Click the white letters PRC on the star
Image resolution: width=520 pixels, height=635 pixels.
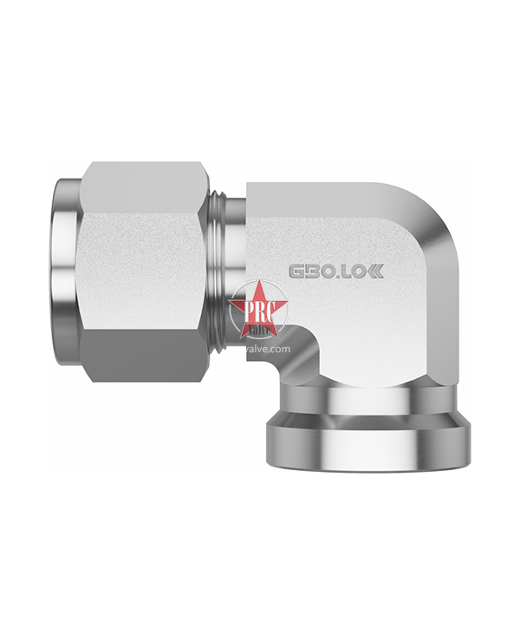point(251,309)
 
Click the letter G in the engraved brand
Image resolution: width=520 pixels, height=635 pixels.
point(296,272)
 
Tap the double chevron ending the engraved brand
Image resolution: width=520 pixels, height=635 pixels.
point(374,272)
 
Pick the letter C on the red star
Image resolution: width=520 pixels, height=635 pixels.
point(263,309)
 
